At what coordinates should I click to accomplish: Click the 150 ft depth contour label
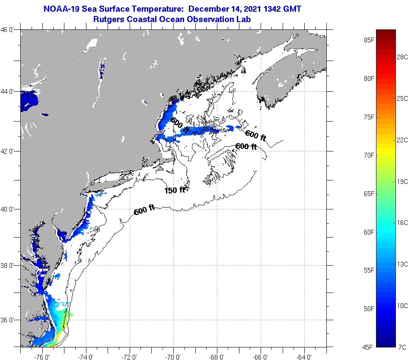click(x=175, y=190)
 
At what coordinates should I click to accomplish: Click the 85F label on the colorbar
click(x=369, y=40)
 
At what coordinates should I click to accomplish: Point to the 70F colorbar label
click(x=369, y=155)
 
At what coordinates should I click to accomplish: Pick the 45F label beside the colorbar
click(x=369, y=347)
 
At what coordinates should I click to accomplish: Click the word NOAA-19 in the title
click(x=61, y=9)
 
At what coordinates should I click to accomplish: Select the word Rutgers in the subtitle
click(x=110, y=19)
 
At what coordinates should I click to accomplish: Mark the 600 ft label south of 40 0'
click(x=144, y=211)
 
